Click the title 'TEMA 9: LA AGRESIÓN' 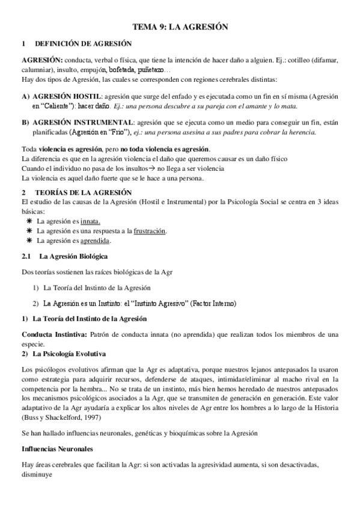pos(179,27)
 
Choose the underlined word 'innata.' pos(91,221)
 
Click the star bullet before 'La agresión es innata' pos(29,221)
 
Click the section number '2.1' pos(26,257)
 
